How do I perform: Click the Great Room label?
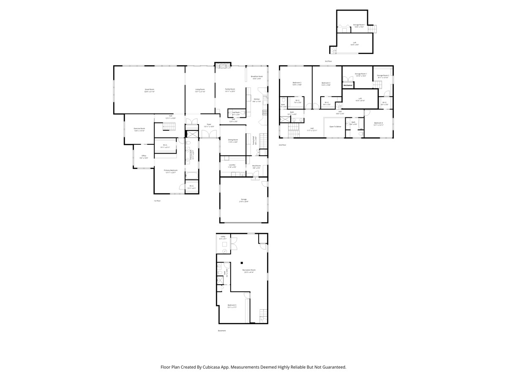point(150,90)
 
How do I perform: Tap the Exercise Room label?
point(139,129)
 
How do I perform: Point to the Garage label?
point(244,199)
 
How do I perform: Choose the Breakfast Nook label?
point(256,76)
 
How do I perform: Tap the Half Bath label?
point(236,112)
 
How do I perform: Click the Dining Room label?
point(233,140)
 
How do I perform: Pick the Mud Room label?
point(256,166)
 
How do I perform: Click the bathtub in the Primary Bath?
point(191,176)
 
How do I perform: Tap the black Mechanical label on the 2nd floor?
point(348,86)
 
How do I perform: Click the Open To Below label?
point(335,127)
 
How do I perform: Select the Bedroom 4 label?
point(379,123)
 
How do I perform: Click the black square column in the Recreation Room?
point(242,262)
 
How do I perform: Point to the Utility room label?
point(223,237)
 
